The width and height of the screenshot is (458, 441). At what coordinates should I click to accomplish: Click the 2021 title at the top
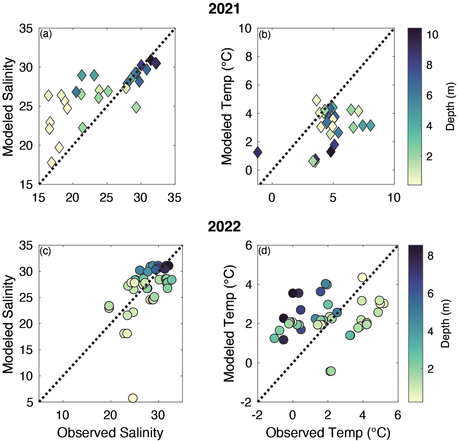coord(224,9)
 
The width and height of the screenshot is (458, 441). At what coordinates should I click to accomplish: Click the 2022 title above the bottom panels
coord(224,227)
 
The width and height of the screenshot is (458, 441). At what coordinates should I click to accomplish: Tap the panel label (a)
coord(46,34)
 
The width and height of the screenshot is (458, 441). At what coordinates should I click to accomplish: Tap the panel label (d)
coord(264,251)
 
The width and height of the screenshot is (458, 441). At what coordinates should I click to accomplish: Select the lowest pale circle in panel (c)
coord(133,398)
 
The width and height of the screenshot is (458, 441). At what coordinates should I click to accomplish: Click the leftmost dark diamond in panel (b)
coord(257,152)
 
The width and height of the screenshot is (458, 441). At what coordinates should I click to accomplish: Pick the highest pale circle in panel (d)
coord(362,277)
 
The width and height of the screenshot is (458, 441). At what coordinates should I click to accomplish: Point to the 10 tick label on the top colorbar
coord(432,35)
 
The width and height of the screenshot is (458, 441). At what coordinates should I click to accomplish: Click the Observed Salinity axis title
coord(110,433)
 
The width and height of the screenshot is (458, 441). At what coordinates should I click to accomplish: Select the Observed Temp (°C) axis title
coord(328,433)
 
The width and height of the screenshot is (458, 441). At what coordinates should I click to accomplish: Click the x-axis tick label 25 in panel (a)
coord(106,198)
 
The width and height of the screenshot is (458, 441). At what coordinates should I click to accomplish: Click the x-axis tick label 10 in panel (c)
coord(62,415)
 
